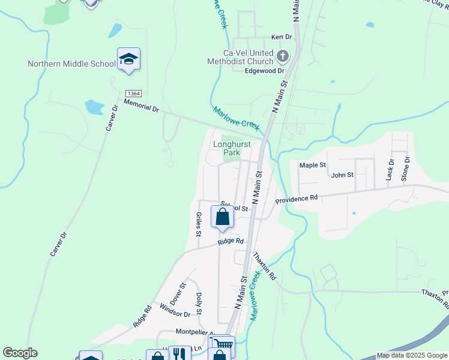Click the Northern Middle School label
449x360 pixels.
[71, 64]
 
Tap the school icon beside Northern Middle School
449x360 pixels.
[128, 59]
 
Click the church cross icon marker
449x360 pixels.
[283, 58]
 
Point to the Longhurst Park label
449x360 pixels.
[232, 148]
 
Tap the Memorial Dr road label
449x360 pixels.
[141, 106]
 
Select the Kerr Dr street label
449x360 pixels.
[281, 37]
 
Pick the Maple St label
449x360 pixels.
[313, 165]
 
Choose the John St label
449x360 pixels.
[342, 175]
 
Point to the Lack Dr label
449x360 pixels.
[390, 170]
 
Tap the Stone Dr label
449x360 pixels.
[406, 169]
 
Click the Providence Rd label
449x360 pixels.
[296, 199]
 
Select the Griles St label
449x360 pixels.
[198, 224]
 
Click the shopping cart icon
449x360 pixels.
[223, 344]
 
